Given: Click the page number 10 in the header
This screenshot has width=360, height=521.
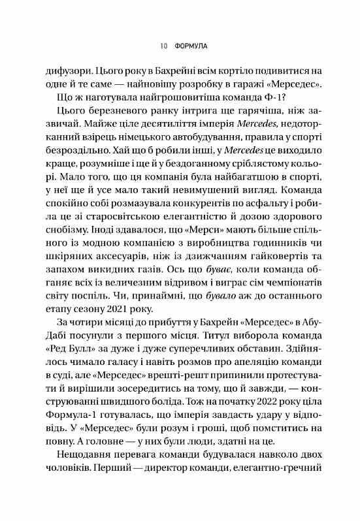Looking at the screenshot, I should [162, 46].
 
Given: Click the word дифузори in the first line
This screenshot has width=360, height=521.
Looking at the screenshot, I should [63, 70].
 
